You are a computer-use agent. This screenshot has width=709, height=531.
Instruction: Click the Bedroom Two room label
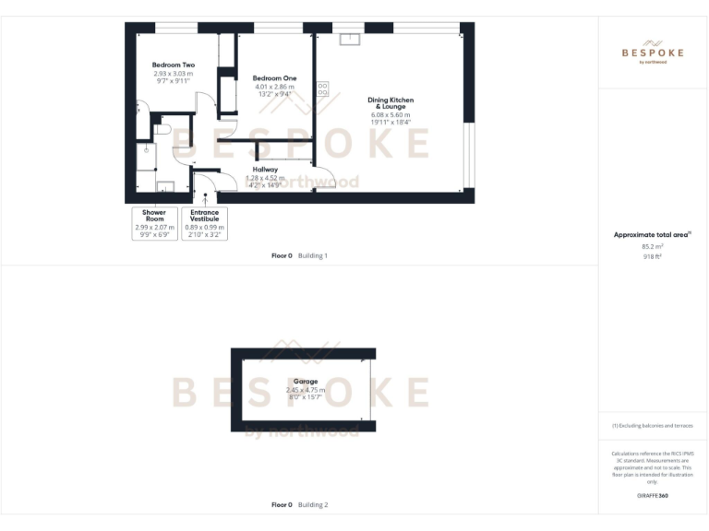click(174, 65)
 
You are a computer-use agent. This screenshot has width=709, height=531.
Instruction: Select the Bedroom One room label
click(274, 78)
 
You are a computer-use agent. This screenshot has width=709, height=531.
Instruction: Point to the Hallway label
click(264, 170)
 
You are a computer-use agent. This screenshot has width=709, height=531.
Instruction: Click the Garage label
click(306, 382)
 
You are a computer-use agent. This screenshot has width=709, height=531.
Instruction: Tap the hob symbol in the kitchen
click(323, 89)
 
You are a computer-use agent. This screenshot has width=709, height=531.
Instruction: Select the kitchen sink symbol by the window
click(351, 39)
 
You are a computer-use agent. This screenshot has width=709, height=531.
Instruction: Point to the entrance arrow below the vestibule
click(205, 197)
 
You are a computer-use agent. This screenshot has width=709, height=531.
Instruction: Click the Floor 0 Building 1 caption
click(300, 255)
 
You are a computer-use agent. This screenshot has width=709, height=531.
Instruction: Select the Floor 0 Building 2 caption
click(300, 505)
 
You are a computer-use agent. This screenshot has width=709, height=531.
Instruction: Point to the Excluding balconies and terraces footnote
click(653, 425)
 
